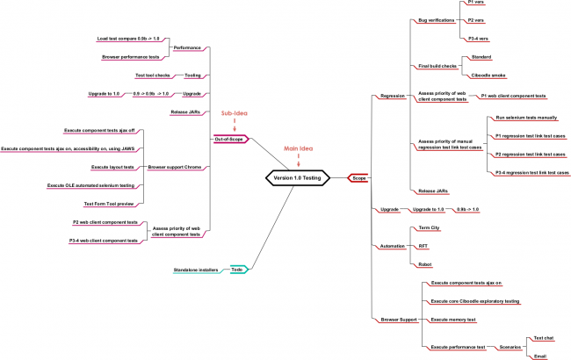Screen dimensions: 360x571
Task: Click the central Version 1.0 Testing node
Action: (297, 177)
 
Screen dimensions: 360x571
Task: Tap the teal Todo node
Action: (237, 269)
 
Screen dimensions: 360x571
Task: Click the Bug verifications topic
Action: (437, 18)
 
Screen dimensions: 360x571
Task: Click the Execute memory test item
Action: (452, 320)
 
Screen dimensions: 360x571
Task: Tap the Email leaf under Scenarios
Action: (539, 356)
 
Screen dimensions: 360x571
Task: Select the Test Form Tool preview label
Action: (109, 203)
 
